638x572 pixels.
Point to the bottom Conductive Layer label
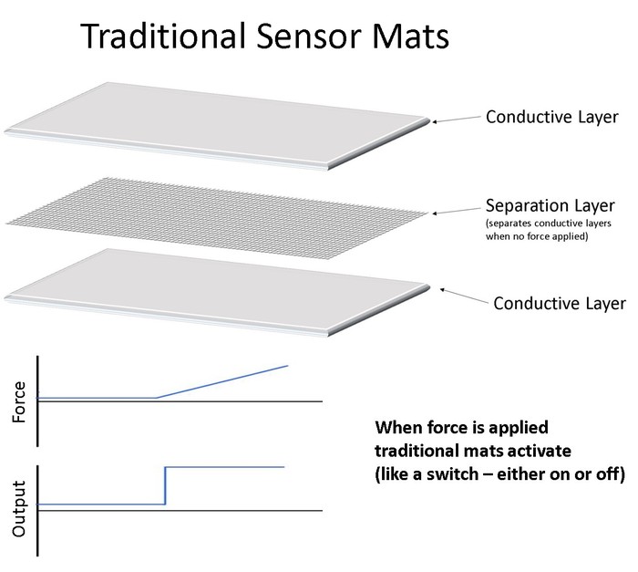pyautogui.click(x=560, y=303)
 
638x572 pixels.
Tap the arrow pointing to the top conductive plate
pyautogui.click(x=456, y=120)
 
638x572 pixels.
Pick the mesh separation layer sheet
pyautogui.click(x=214, y=211)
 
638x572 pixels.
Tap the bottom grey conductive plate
pyautogui.click(x=219, y=286)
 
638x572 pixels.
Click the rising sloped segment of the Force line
pyautogui.click(x=223, y=381)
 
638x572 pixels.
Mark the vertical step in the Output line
pyautogui.click(x=165, y=485)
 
